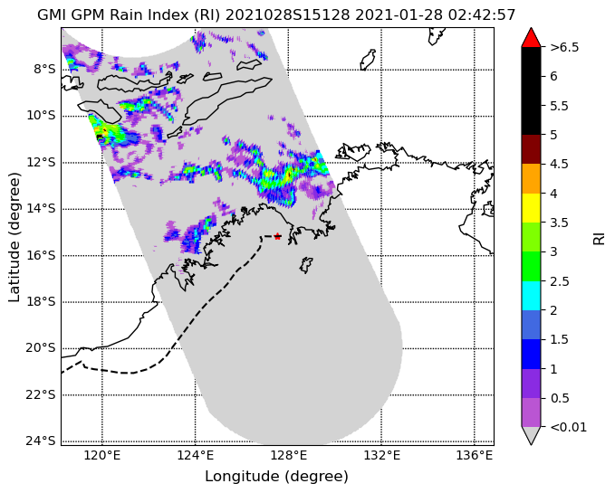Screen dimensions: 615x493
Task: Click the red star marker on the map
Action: (x=278, y=236)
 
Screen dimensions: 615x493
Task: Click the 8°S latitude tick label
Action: (x=44, y=70)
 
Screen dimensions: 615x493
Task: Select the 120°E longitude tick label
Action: (x=102, y=456)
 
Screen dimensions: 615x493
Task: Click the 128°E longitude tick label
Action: (x=288, y=456)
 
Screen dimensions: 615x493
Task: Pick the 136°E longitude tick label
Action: (x=475, y=456)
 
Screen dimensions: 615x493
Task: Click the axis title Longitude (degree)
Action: (x=276, y=477)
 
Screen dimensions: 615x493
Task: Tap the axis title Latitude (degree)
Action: (x=14, y=237)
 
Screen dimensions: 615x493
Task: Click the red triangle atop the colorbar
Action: (x=531, y=38)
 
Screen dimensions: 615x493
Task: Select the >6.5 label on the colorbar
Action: (x=564, y=47)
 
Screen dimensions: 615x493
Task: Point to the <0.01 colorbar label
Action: (x=568, y=427)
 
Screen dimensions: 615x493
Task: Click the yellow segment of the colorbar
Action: (x=531, y=208)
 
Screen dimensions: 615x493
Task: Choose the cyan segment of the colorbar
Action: (x=531, y=296)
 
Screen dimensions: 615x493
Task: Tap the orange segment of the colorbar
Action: (x=531, y=178)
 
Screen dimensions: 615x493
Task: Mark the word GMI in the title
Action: (x=51, y=14)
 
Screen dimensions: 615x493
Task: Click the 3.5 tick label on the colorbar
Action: (x=560, y=223)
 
